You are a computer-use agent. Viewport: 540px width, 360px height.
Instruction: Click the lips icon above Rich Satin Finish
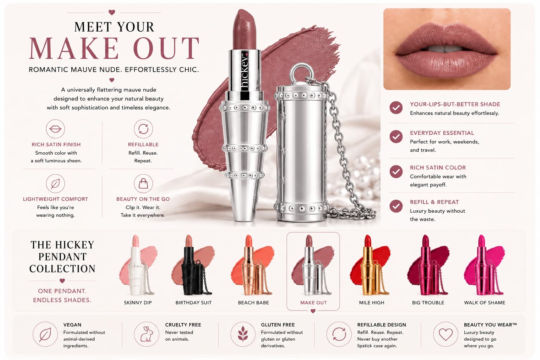tap(56, 129)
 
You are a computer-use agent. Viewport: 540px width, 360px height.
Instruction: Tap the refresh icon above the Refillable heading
tap(143, 129)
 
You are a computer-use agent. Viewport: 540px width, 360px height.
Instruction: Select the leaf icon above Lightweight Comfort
tap(56, 184)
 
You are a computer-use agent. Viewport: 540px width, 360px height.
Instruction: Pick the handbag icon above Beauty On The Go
tap(143, 184)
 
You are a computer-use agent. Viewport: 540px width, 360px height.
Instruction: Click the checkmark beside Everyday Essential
tap(396, 137)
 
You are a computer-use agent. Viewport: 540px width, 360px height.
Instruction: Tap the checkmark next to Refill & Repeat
tap(396, 206)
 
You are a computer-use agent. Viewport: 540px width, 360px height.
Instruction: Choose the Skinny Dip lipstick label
tap(138, 303)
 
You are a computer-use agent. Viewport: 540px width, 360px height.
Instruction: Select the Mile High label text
tap(372, 303)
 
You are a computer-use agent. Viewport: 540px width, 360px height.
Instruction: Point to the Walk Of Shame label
tap(484, 303)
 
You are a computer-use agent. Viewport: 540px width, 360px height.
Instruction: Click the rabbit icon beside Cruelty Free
tap(146, 334)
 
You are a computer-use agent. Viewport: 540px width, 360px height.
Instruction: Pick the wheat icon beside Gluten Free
tap(243, 334)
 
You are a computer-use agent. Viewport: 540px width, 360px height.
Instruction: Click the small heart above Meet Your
tap(111, 12)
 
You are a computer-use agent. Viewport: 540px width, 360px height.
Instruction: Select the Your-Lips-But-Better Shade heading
tap(455, 104)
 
